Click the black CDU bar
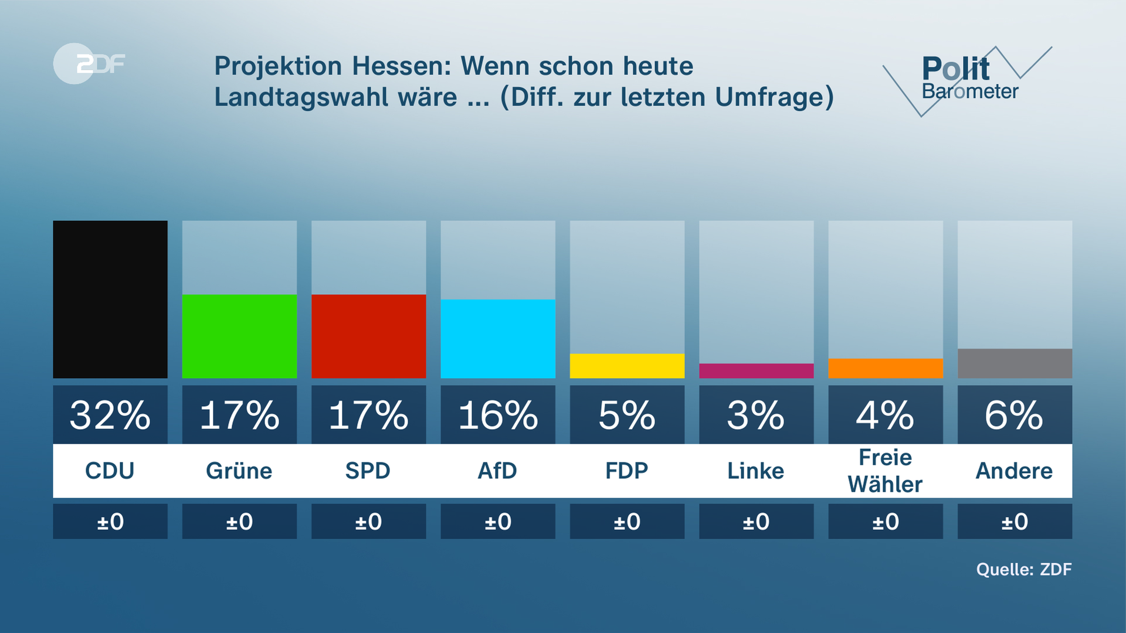coord(110,299)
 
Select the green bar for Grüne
coord(239,336)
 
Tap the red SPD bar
coord(368,336)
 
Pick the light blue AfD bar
coord(498,338)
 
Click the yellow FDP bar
coord(627,366)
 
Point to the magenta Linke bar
coord(756,370)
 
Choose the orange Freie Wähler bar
coord(886,368)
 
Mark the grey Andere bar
coord(1015,363)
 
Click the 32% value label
coord(110,415)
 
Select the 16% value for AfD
coord(498,415)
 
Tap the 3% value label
coord(756,415)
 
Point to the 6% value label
coord(1015,415)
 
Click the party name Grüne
coord(239,471)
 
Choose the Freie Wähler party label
coord(886,471)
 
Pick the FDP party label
coord(627,471)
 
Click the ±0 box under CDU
coord(110,521)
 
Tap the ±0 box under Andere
coord(1015,521)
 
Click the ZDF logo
coord(90,63)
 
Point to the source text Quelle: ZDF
coord(1023,569)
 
